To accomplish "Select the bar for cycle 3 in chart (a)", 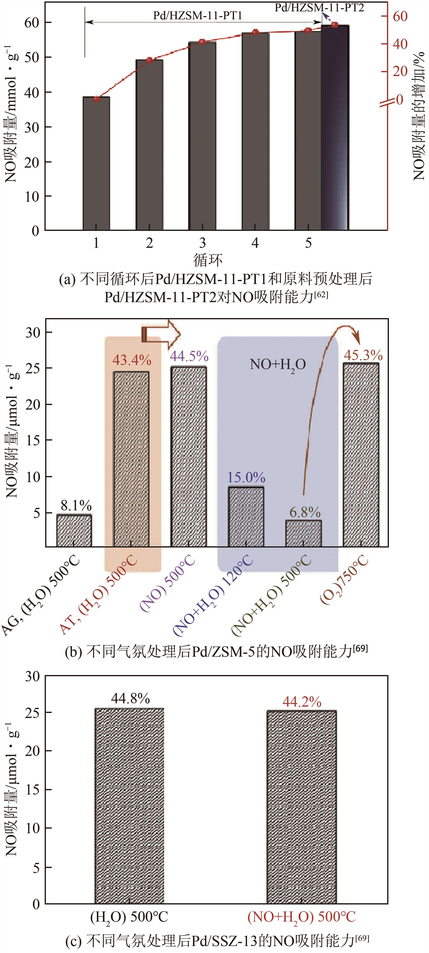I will tap(202, 136).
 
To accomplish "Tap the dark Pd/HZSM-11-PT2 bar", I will tap(335, 128).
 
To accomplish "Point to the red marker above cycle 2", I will tap(149, 60).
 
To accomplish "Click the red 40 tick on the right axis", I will tap(400, 44).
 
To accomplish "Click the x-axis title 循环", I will tap(208, 260).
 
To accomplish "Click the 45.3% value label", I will tap(363, 355).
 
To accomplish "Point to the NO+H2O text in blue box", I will tap(278, 365).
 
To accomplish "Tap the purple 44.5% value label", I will tap(189, 356).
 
